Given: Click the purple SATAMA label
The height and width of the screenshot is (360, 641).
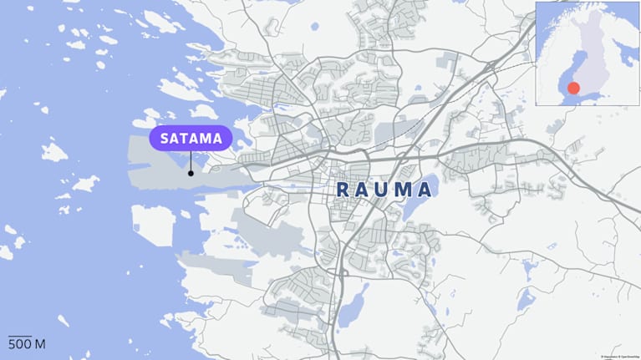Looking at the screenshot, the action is [191, 138].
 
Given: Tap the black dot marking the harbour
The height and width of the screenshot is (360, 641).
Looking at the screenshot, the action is [191, 173].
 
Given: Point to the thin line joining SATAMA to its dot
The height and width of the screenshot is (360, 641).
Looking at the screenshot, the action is [191, 161].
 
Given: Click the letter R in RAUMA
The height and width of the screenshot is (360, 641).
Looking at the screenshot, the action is [343, 190].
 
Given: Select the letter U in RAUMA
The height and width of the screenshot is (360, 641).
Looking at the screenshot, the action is [384, 190].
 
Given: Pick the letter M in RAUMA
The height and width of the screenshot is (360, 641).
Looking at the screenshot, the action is [405, 190].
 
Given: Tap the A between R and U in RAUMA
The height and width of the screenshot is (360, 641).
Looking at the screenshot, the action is [364, 190].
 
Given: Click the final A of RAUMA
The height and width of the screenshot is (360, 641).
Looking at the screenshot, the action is [426, 190].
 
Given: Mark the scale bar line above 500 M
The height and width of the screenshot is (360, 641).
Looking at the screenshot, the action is [20, 336].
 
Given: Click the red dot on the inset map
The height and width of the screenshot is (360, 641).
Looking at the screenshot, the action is [573, 88].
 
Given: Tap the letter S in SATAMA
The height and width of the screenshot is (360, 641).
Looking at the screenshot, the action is [165, 138].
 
